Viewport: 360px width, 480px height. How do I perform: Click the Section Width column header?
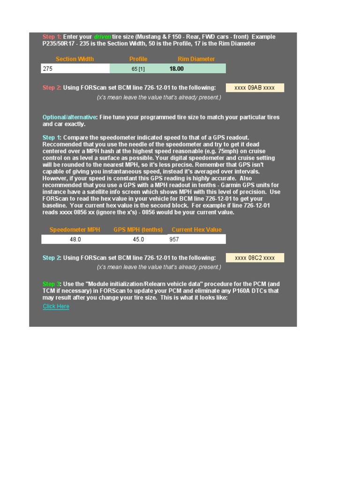[x=75, y=59]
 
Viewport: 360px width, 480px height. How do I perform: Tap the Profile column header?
[x=138, y=59]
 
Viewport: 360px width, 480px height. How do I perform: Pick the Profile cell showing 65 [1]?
[x=138, y=69]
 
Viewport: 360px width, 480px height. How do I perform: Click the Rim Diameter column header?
[x=196, y=59]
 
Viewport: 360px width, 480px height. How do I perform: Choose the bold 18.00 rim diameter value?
[x=176, y=69]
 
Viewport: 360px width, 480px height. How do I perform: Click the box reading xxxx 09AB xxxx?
[x=255, y=88]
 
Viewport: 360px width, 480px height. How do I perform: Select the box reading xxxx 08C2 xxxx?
[x=255, y=258]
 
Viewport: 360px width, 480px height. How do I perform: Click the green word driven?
[x=102, y=37]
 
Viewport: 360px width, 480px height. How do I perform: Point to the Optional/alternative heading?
[x=70, y=117]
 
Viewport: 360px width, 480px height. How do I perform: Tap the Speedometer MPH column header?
[x=75, y=230]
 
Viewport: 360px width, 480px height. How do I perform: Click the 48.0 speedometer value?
[x=75, y=239]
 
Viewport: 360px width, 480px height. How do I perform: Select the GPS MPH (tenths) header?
[x=138, y=230]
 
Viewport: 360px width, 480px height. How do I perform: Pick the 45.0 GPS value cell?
[x=138, y=239]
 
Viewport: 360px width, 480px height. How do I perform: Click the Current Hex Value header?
[x=196, y=230]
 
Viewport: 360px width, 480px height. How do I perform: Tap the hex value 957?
[x=174, y=239]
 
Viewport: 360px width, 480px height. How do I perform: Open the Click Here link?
[x=56, y=307]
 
